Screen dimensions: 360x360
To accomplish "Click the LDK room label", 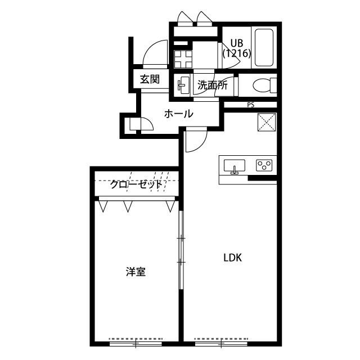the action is tap(232, 258).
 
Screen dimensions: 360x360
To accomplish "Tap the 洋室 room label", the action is tap(136, 272).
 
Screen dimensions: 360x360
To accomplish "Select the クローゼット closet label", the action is tap(136, 184).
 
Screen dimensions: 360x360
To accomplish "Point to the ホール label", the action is tap(179, 114).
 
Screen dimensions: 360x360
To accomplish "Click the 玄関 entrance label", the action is tap(150, 79).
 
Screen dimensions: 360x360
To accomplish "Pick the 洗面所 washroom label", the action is tap(213, 85).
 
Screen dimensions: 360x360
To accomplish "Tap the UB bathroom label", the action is tap(237, 43).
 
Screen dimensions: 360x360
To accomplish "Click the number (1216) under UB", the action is tap(237, 53).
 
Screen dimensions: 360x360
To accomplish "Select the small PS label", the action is tap(251, 105).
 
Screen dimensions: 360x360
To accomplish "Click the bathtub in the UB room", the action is tap(264, 47).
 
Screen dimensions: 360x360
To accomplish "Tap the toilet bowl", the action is tap(264, 85).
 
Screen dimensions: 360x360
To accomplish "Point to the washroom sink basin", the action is tap(184, 85).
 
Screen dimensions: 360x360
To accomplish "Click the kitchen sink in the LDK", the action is tap(235, 166).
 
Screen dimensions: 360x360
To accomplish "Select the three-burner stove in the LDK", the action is tap(264, 165).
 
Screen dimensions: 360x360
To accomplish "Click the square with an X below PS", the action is tap(267, 122).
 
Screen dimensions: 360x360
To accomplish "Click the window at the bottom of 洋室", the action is tap(136, 344).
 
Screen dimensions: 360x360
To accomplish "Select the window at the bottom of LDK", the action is tap(221, 344).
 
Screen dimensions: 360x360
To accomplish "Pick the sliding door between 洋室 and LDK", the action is tap(181, 250).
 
